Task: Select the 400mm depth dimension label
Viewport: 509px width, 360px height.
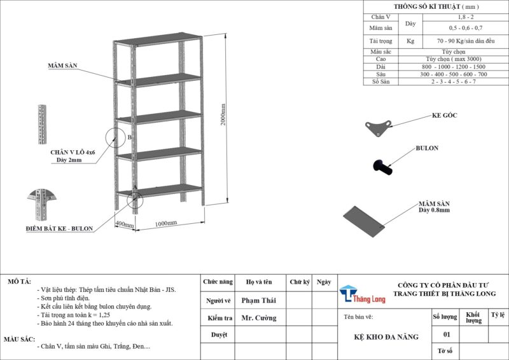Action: (x=124, y=225)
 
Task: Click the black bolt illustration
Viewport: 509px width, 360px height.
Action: (x=381, y=167)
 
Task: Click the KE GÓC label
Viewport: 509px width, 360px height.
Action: (x=445, y=116)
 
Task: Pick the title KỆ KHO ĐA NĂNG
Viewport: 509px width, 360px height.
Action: (x=386, y=336)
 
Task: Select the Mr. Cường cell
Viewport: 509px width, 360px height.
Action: (x=259, y=317)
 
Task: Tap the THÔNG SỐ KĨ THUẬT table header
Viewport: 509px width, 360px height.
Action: (x=436, y=6)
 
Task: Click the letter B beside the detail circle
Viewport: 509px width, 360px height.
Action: (x=129, y=137)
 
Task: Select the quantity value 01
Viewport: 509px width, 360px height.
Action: (x=446, y=334)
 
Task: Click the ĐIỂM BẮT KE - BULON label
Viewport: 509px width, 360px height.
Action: (x=59, y=228)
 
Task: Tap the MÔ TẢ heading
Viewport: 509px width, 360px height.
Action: (x=18, y=280)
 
